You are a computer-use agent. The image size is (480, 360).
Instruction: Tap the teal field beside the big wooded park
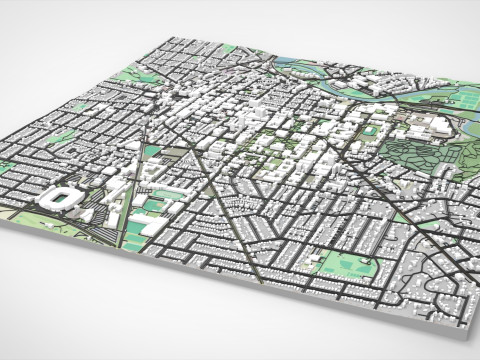(370, 130)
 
